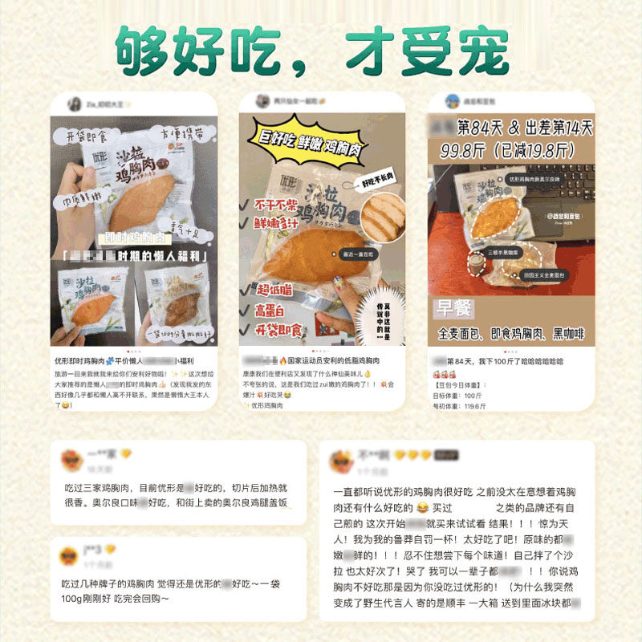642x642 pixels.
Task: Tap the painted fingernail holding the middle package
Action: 338,283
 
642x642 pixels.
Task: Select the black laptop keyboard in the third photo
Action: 562,193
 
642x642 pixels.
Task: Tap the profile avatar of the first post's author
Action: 74,104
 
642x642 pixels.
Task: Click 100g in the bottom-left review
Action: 77,598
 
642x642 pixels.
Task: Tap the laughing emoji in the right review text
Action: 421,508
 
